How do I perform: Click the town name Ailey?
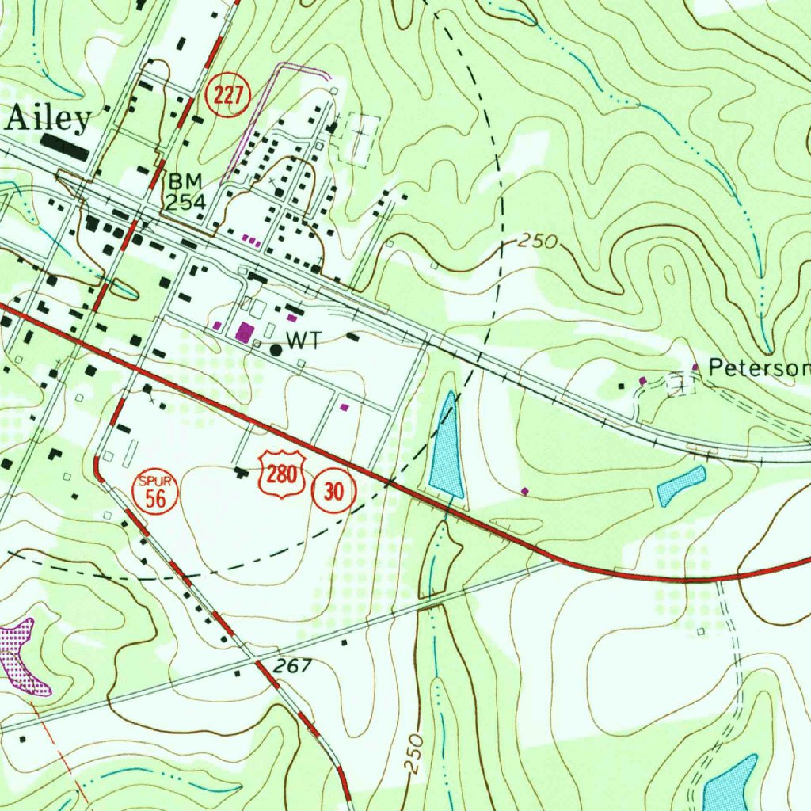(x=49, y=119)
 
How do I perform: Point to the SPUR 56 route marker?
(x=154, y=493)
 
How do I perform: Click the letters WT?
(x=303, y=341)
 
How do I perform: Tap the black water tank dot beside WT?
(x=276, y=348)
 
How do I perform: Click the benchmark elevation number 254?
(x=185, y=203)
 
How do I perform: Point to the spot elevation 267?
(x=295, y=666)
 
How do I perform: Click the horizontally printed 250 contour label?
(x=539, y=242)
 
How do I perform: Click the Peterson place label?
(x=759, y=368)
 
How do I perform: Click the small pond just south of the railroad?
(x=681, y=485)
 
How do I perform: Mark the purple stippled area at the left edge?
(x=19, y=653)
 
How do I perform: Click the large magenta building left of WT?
(x=244, y=330)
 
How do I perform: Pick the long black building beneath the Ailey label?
(x=66, y=146)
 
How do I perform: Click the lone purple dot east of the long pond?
(x=525, y=491)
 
